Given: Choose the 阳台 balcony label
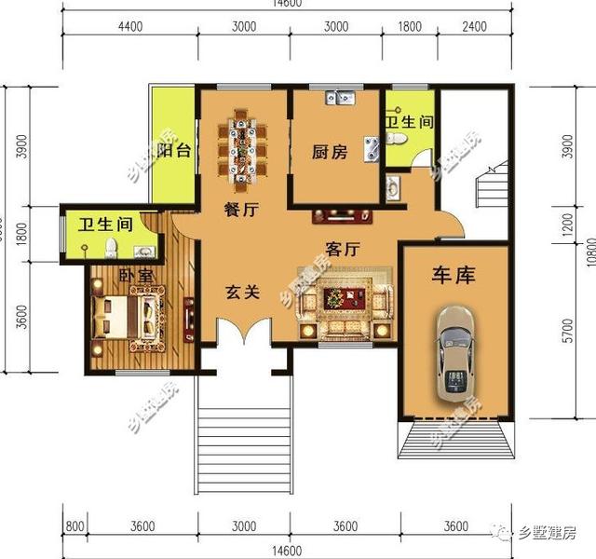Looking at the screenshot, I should tap(174, 152).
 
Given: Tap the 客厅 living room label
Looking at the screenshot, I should tap(342, 249).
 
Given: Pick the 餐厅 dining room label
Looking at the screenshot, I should tap(239, 211).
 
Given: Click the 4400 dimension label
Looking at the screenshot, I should tap(129, 26).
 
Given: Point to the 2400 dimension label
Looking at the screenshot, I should tap(475, 26).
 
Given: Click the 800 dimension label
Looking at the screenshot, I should tap(75, 526).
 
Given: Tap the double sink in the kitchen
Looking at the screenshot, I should tap(340, 95).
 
